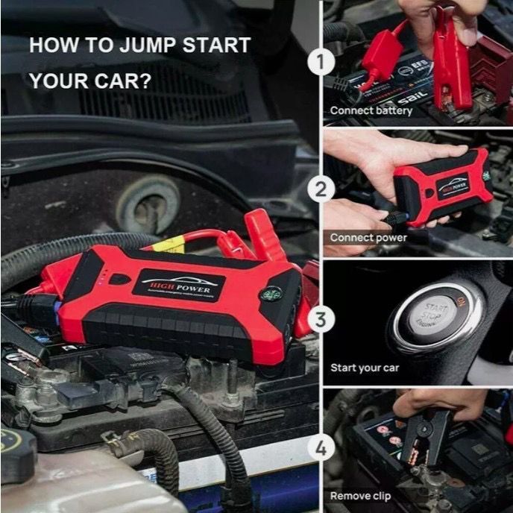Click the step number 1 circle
[321, 63]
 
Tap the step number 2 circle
[321, 189]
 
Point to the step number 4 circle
[321, 449]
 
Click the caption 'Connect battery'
[371, 110]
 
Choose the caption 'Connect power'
[368, 238]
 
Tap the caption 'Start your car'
[365, 368]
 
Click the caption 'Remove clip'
[361, 495]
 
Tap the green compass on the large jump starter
[270, 294]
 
